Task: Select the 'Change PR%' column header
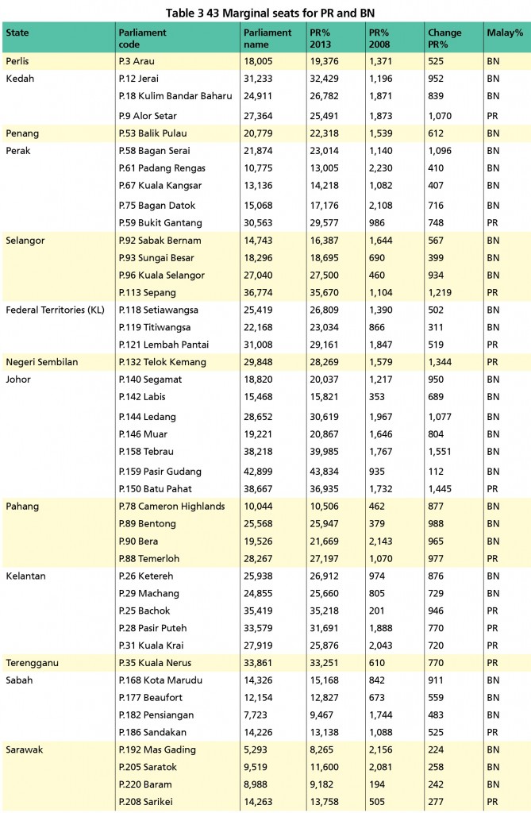(x=444, y=38)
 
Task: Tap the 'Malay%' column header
(x=504, y=33)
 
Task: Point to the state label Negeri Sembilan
(x=41, y=362)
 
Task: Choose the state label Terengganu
(x=32, y=662)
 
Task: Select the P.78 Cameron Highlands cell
(x=171, y=506)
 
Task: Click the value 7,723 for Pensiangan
(x=257, y=715)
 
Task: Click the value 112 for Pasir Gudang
(x=437, y=472)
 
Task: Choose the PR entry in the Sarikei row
(x=493, y=802)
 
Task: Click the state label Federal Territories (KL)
(x=56, y=309)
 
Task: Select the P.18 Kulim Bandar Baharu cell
(x=175, y=95)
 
